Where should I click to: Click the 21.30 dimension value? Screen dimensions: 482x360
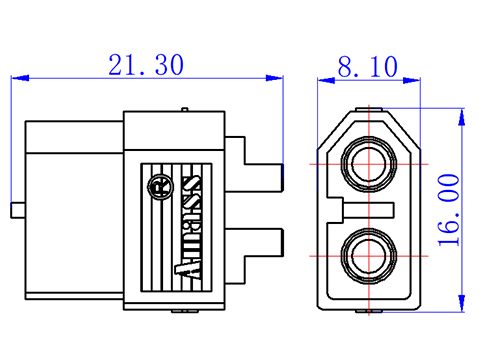[x=146, y=64]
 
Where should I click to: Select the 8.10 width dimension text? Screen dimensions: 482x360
[x=368, y=67]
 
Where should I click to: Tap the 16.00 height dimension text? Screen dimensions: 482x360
[x=449, y=210]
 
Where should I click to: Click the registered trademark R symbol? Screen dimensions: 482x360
[x=160, y=187]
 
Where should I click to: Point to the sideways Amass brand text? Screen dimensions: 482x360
[x=189, y=226]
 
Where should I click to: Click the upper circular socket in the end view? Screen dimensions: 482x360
[x=369, y=164]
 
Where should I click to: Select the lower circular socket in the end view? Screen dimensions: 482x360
[x=369, y=256]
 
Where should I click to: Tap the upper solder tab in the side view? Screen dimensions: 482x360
[x=254, y=164]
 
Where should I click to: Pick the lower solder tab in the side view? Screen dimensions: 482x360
[x=254, y=256]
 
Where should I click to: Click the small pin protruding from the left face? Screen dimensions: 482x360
[x=18, y=210]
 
